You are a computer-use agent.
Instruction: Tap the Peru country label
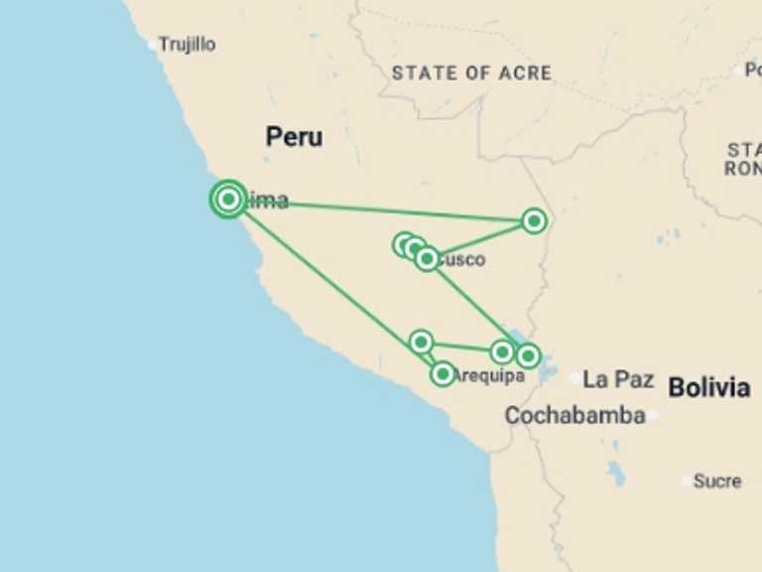click(294, 137)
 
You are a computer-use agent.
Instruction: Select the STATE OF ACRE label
click(471, 72)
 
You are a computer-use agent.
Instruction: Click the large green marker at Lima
click(229, 199)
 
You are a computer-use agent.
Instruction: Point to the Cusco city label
click(460, 260)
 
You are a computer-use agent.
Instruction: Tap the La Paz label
click(618, 378)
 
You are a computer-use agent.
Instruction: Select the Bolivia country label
click(708, 387)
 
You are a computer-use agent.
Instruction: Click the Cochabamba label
click(574, 415)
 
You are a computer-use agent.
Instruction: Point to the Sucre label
click(716, 481)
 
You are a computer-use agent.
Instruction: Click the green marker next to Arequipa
click(443, 373)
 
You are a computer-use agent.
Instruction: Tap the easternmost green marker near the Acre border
click(534, 220)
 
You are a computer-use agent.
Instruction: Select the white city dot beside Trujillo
click(153, 45)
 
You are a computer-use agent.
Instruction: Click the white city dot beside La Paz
click(575, 378)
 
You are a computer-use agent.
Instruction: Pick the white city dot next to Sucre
click(688, 481)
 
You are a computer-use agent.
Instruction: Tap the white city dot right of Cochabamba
click(652, 415)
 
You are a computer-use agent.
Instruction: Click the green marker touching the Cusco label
click(427, 259)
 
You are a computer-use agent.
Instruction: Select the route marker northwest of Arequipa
click(421, 343)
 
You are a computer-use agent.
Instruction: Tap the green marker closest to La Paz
click(528, 356)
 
